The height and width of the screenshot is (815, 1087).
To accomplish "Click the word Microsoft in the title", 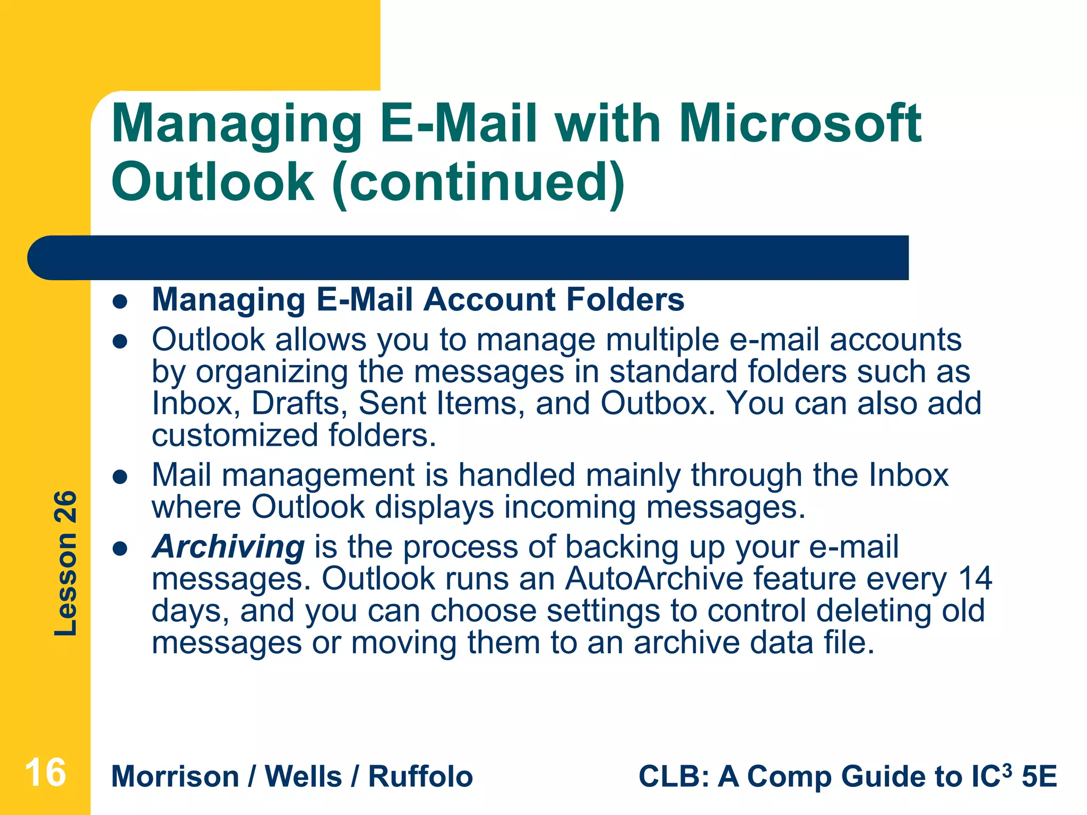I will click(x=800, y=124).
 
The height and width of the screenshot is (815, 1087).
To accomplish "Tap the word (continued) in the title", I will click(x=479, y=182).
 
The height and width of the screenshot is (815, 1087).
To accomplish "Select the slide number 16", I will click(x=45, y=773).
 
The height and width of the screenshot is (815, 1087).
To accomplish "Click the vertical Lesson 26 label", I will click(x=66, y=563).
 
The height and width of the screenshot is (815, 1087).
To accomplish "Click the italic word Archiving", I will click(x=228, y=547).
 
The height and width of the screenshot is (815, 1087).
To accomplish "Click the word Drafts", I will click(x=295, y=403).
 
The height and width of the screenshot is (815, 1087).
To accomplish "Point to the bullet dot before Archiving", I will click(x=120, y=549).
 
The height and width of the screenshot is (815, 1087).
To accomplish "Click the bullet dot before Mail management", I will click(x=120, y=476).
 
